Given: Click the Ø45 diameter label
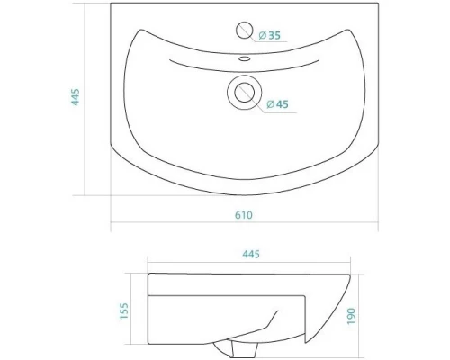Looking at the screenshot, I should point(277,105).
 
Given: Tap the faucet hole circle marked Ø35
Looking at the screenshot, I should point(243,30).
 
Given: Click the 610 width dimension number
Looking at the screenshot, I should point(243,213).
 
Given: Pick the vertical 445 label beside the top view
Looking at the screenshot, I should point(76,98).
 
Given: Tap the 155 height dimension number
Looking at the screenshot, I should point(125,310).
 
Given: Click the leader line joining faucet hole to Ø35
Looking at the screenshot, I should point(253,33).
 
